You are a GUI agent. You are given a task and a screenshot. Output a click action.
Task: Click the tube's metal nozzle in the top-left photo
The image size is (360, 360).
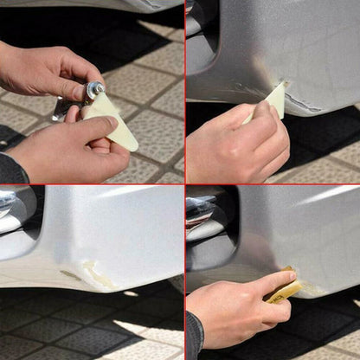pos(93,89)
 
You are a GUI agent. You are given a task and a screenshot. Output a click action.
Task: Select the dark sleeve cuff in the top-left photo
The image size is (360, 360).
pos(10,169)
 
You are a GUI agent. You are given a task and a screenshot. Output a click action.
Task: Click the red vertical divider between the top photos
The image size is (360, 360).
pos(184,87)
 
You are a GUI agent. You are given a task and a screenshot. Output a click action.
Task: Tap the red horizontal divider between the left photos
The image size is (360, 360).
pos(87,183)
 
